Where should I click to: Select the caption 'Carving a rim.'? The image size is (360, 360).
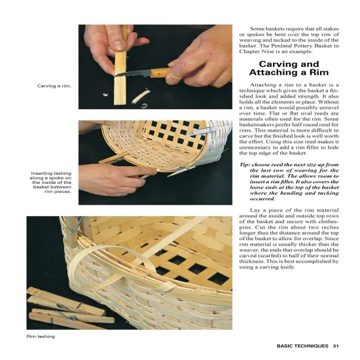point(54,86)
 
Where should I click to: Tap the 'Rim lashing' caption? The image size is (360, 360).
point(41,336)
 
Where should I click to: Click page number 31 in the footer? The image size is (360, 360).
point(335,346)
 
